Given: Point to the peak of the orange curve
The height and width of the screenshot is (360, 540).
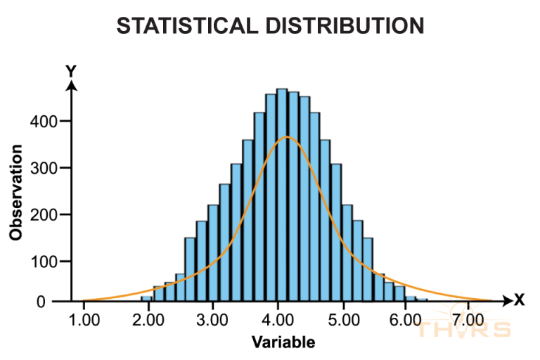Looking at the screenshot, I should click(287, 137).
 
